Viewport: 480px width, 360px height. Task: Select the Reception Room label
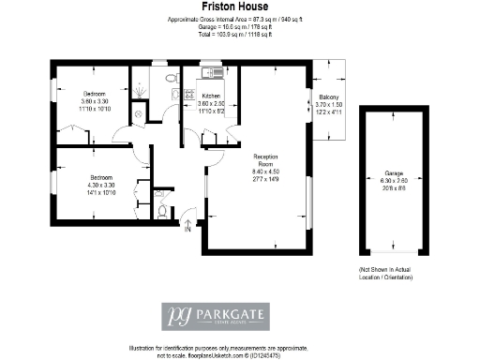point(266,158)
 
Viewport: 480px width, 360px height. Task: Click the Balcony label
point(328,97)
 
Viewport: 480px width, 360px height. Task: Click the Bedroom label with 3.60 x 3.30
point(95,94)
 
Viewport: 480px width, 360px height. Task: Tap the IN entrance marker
point(187,228)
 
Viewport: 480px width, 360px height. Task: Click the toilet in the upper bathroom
point(171,80)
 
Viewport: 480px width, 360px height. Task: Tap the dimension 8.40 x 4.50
point(266,174)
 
